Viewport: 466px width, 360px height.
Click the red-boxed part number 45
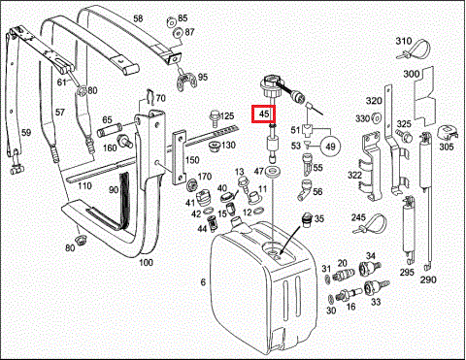coord(264,114)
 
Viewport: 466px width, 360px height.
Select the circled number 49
coord(330,147)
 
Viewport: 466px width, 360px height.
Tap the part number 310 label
coord(404,41)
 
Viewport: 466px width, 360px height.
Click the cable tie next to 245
coord(372,223)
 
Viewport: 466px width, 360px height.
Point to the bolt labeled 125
coord(215,118)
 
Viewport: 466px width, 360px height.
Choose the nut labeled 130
coord(214,147)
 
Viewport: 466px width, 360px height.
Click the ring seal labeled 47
coord(272,171)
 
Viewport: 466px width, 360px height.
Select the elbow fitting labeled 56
coord(304,190)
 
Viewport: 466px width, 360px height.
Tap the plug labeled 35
coord(305,219)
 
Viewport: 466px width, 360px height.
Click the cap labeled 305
coord(448,133)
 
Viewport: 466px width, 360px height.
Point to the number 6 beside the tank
coord(203,282)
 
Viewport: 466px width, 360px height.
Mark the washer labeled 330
coord(376,117)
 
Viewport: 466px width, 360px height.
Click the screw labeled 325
coord(404,136)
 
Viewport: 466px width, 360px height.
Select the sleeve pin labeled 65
coord(109,129)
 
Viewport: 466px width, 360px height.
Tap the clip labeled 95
coord(186,82)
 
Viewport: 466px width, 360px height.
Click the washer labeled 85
coord(171,22)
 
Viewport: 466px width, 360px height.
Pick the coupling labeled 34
coord(369,267)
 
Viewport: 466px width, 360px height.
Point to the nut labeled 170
coord(192,184)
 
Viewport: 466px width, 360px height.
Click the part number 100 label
coord(146,262)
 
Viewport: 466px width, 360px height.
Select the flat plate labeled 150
coord(179,158)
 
